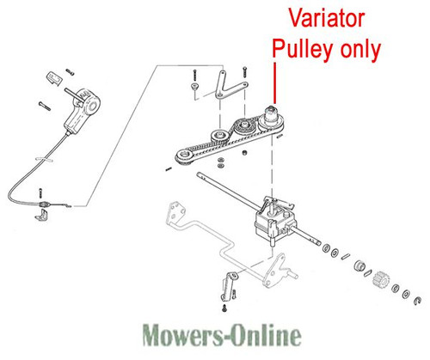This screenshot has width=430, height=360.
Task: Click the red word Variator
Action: click(x=327, y=18)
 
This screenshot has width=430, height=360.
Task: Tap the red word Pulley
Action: click(x=303, y=49)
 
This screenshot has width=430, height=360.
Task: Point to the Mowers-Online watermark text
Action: click(x=222, y=334)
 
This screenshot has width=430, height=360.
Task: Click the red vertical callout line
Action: click(x=275, y=83)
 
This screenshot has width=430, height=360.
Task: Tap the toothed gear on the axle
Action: click(x=381, y=278)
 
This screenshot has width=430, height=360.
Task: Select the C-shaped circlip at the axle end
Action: click(x=417, y=301)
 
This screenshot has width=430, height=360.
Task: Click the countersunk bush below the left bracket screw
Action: click(x=194, y=86)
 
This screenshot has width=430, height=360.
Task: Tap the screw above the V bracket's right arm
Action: click(x=244, y=71)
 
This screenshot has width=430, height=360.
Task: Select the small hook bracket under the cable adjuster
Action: click(x=42, y=215)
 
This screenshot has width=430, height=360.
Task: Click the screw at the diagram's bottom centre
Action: click(x=224, y=308)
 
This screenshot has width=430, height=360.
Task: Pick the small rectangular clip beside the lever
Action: click(x=54, y=78)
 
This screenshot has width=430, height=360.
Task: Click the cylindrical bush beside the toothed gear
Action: click(x=359, y=266)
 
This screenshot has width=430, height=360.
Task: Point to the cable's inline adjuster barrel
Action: click(x=45, y=204)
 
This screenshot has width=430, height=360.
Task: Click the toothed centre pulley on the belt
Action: click(x=243, y=127)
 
